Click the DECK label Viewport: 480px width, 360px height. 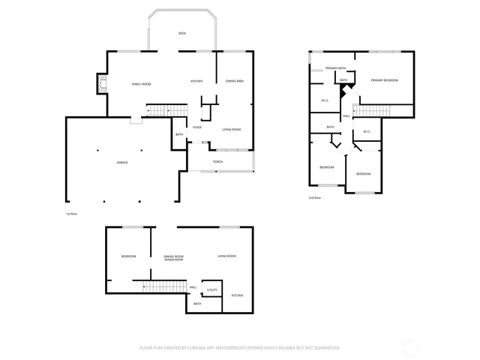(x=181, y=34)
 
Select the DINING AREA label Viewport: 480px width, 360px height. (x=234, y=81)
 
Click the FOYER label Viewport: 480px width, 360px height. (x=196, y=127)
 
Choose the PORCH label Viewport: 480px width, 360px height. (x=217, y=162)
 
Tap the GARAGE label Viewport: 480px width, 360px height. (x=121, y=162)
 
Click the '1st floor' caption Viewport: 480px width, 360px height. (x=72, y=213)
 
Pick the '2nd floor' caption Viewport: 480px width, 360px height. (x=314, y=197)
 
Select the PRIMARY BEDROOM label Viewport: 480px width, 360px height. (x=384, y=80)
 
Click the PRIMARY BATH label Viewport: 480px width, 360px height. (x=335, y=68)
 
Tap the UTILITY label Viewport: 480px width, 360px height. (x=212, y=289)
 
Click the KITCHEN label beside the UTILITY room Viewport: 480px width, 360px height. (x=237, y=295)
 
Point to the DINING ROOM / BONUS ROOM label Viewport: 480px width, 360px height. (x=174, y=258)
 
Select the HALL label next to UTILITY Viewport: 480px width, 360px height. (x=193, y=287)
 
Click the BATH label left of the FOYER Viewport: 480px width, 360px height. (x=179, y=135)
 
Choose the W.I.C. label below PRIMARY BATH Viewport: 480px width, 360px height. (x=325, y=100)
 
